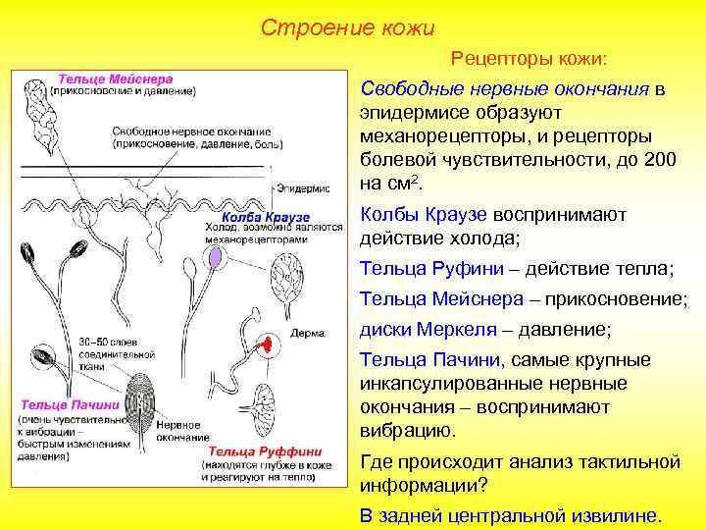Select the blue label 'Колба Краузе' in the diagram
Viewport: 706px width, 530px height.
point(266,215)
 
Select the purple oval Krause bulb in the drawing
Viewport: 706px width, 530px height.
point(215,258)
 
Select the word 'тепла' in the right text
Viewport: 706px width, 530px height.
point(640,268)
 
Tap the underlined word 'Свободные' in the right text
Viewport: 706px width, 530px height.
point(403,89)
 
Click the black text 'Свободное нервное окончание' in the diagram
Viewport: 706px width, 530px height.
point(191,131)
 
